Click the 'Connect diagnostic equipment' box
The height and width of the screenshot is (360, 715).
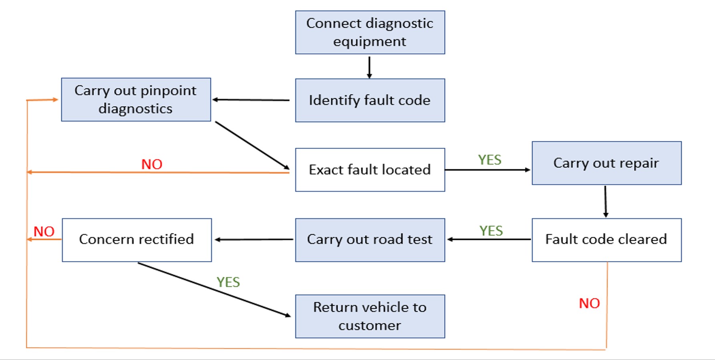click(x=370, y=32)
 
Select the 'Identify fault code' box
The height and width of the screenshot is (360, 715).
click(x=370, y=100)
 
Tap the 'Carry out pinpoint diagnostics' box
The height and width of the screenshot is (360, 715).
click(x=136, y=100)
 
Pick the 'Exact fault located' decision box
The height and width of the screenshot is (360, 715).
click(x=370, y=170)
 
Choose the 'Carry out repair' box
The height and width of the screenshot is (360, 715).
click(x=606, y=163)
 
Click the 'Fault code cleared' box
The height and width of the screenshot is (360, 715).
click(x=606, y=239)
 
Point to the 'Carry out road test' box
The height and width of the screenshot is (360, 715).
click(x=370, y=239)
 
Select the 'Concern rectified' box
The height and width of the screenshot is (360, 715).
click(x=137, y=239)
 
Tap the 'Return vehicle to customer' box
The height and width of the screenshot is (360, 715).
click(x=370, y=316)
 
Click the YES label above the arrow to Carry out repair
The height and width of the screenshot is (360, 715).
click(x=489, y=160)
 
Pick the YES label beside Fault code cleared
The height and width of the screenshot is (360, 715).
click(x=491, y=231)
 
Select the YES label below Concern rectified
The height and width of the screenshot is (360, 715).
click(x=228, y=282)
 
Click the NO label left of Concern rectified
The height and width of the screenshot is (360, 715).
click(x=44, y=231)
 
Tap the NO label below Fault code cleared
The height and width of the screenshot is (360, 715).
click(x=589, y=304)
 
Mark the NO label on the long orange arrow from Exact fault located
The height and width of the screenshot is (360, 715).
click(x=152, y=164)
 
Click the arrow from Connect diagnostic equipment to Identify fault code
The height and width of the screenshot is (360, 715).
click(x=369, y=67)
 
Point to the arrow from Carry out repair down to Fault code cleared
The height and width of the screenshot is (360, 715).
click(x=605, y=201)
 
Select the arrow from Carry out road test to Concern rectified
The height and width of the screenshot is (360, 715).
click(x=254, y=239)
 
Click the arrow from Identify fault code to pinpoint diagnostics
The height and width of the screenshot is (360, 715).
click(x=251, y=100)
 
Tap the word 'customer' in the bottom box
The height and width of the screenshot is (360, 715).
click(x=370, y=326)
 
